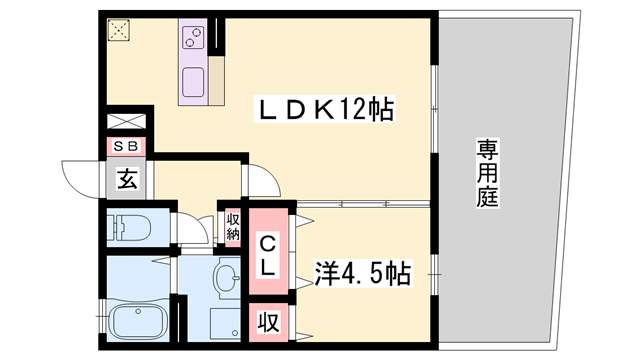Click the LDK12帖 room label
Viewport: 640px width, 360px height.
click(x=326, y=108)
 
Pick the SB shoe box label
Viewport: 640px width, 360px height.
click(x=126, y=146)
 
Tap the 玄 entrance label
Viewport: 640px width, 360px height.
click(x=127, y=180)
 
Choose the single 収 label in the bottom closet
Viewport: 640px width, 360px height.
click(x=269, y=323)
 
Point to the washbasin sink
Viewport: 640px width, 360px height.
click(x=228, y=276)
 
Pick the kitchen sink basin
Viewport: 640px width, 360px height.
click(x=192, y=82)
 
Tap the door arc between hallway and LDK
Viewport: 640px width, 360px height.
click(x=261, y=180)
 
